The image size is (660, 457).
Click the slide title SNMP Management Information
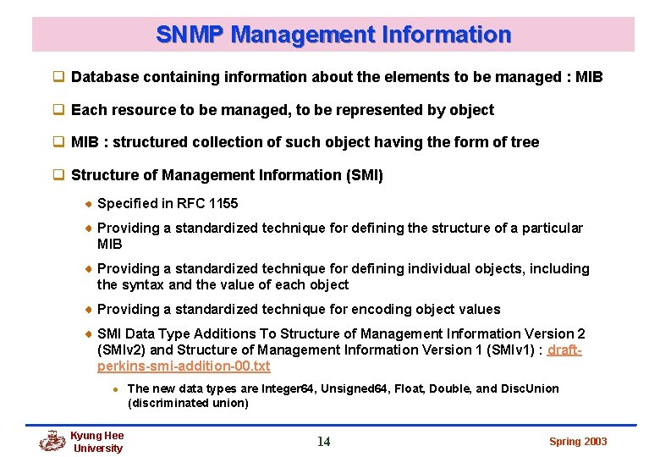click(x=333, y=35)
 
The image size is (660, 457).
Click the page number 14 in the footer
click(x=323, y=441)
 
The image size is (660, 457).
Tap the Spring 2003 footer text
click(x=578, y=441)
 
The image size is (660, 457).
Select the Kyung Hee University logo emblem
click(x=52, y=441)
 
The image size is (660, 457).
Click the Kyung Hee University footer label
click(x=97, y=442)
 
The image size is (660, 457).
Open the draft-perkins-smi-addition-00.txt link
click(x=184, y=366)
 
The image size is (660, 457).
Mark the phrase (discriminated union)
click(x=188, y=403)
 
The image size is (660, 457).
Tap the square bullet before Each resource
click(x=59, y=110)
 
